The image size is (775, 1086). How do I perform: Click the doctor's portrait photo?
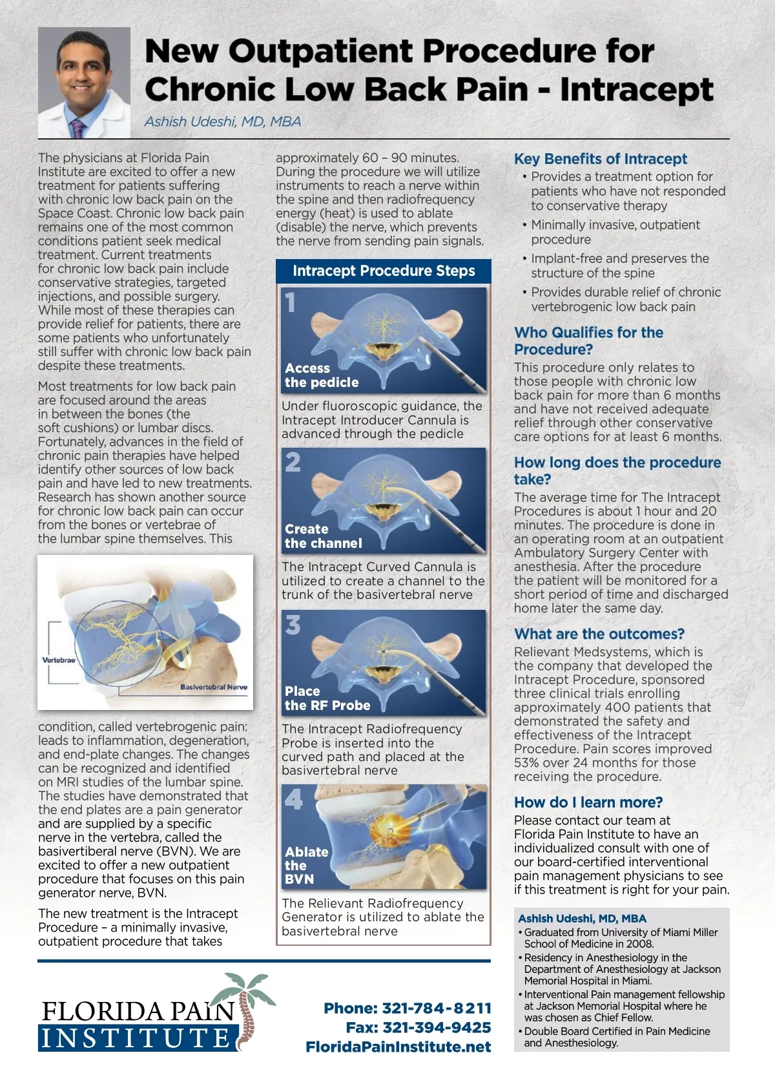[x=84, y=82]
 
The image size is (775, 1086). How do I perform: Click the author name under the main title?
[x=223, y=121]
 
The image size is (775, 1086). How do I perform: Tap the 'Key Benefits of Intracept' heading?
[x=600, y=159]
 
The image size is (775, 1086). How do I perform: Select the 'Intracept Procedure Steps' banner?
[x=384, y=271]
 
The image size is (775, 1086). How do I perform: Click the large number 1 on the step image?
[x=291, y=302]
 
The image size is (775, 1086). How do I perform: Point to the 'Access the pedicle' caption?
[x=321, y=375]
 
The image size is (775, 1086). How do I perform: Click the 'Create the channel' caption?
[x=323, y=536]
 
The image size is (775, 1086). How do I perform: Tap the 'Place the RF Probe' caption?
[x=327, y=698]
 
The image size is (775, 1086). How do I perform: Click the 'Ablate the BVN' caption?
[x=306, y=865]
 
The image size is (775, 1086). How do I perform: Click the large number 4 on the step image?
[x=293, y=799]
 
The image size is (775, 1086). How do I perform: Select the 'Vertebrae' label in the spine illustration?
[x=59, y=660]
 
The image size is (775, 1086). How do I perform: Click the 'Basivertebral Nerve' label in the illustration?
[x=213, y=687]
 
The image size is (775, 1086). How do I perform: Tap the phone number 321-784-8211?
[x=437, y=1008]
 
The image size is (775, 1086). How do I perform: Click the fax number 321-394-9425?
[x=437, y=1027]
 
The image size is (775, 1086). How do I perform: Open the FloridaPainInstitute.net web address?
[x=398, y=1047]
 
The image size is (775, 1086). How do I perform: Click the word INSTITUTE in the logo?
[x=136, y=1038]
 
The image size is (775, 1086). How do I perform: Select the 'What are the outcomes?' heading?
[x=599, y=634]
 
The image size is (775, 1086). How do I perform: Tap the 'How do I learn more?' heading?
[x=588, y=802]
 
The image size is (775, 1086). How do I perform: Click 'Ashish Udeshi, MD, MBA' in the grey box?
[x=582, y=918]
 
